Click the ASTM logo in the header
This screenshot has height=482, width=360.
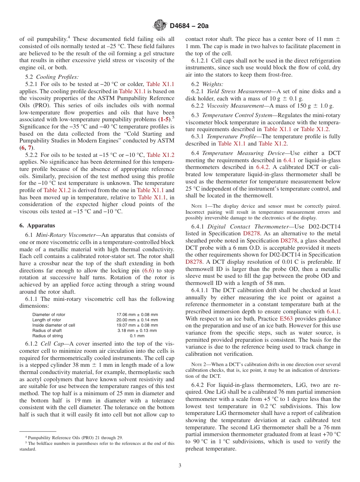tap(160, 25)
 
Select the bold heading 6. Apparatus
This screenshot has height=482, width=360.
tap(37, 225)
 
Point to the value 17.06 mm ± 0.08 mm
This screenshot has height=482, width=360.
tap(137, 315)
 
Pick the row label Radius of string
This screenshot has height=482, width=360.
tap(47, 336)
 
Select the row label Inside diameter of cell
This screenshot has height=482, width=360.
tap(53, 325)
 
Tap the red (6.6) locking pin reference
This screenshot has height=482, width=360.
tap(147, 271)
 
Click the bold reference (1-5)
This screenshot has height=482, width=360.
tap(165, 119)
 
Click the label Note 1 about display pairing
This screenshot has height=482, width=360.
tap(198, 207)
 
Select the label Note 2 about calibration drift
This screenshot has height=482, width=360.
tap(198, 365)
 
